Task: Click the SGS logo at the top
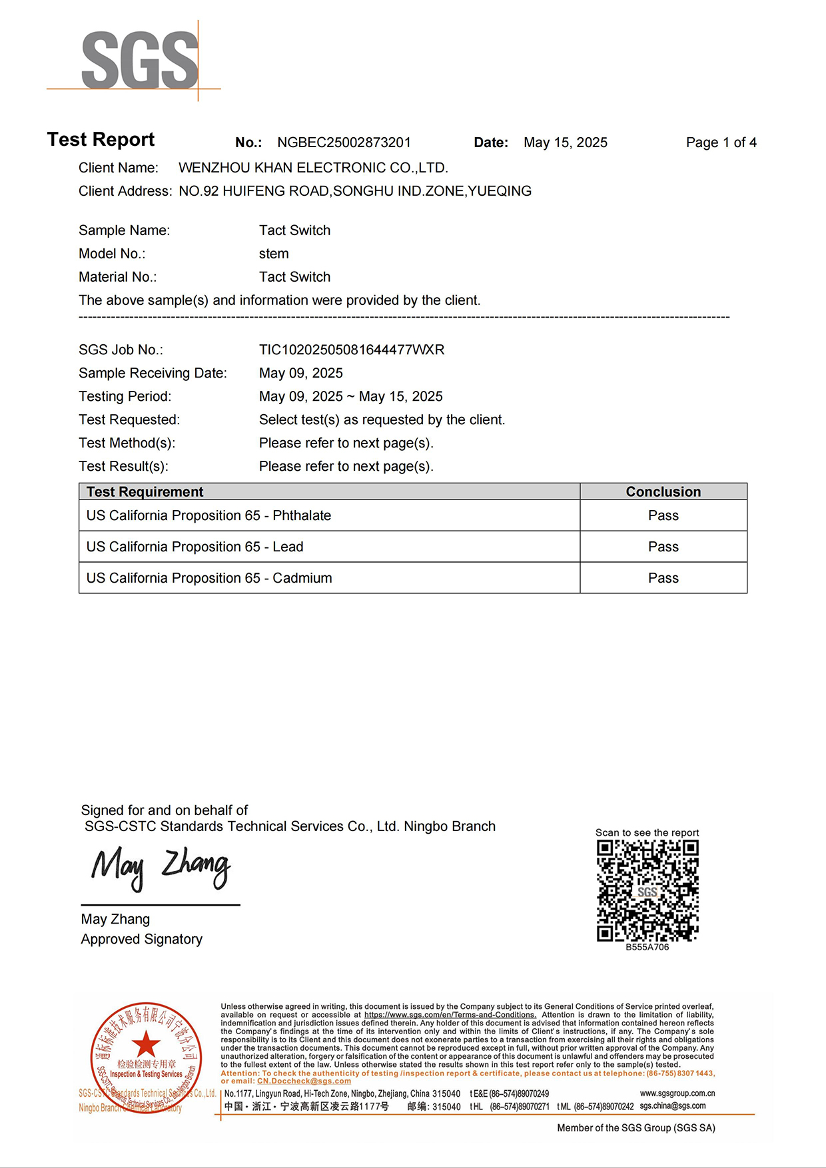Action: click(x=140, y=60)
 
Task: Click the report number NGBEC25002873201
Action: click(x=344, y=143)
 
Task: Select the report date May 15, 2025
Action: click(x=565, y=143)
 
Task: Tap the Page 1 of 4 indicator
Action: click(x=721, y=143)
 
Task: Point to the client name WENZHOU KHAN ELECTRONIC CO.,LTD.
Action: click(x=313, y=168)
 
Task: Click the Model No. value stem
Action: click(x=274, y=254)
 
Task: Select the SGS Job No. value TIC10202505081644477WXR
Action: click(x=351, y=350)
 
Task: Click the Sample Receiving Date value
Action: click(x=300, y=373)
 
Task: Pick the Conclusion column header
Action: click(x=663, y=491)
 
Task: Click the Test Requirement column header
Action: click(x=145, y=491)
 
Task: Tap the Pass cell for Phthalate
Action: click(x=663, y=515)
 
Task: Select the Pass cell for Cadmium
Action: click(x=663, y=578)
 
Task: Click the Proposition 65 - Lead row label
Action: click(x=195, y=547)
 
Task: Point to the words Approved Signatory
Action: click(x=141, y=939)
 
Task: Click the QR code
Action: click(x=647, y=890)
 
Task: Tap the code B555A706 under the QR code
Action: click(x=647, y=947)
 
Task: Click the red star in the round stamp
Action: click(x=146, y=1043)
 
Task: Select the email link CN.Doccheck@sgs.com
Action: click(x=304, y=1081)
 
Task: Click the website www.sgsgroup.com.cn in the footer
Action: click(x=677, y=1093)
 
